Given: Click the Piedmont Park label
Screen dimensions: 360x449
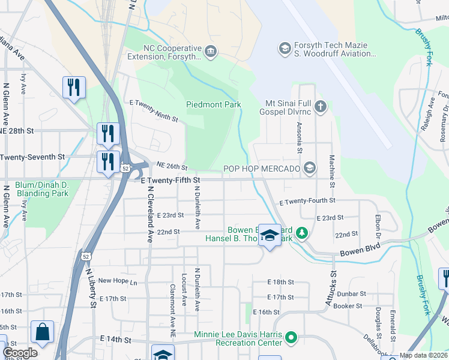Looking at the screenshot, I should [x=213, y=104].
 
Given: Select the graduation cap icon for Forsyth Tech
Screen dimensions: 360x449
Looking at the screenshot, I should [x=285, y=47].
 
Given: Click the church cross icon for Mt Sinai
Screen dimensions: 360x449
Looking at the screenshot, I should [x=321, y=107].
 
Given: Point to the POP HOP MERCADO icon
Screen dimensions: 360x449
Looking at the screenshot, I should [x=310, y=167].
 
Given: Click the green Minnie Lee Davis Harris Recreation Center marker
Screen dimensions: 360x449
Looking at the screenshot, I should [x=291, y=337].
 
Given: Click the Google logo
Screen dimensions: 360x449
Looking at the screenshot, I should [x=20, y=353].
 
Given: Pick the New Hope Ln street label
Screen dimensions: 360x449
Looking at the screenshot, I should [x=118, y=280].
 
